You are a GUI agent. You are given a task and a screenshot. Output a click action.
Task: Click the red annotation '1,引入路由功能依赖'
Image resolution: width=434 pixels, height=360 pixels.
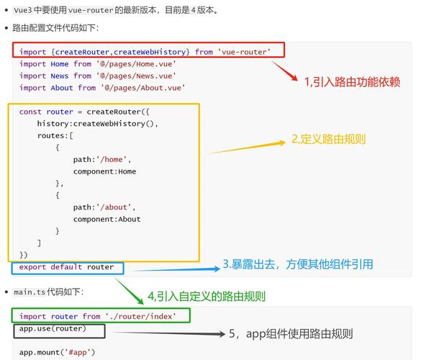[x=351, y=81]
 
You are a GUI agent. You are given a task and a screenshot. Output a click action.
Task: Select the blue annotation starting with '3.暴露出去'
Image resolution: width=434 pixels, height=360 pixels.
[x=297, y=264]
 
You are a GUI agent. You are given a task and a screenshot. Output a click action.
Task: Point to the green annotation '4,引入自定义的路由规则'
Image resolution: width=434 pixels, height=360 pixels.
[x=207, y=296]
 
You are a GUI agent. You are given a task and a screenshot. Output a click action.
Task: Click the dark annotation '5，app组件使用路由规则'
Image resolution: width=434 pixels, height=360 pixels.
[x=291, y=334]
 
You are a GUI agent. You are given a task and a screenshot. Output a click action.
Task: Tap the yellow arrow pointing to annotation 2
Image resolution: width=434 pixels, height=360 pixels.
[x=248, y=147]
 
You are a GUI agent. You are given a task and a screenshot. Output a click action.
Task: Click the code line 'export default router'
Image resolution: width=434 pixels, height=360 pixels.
[x=66, y=267]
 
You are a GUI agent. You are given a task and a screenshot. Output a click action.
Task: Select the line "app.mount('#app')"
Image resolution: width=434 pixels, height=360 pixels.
[x=57, y=352]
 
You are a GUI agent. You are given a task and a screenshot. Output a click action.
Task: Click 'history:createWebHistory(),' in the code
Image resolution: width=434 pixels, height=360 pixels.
[x=97, y=123]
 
